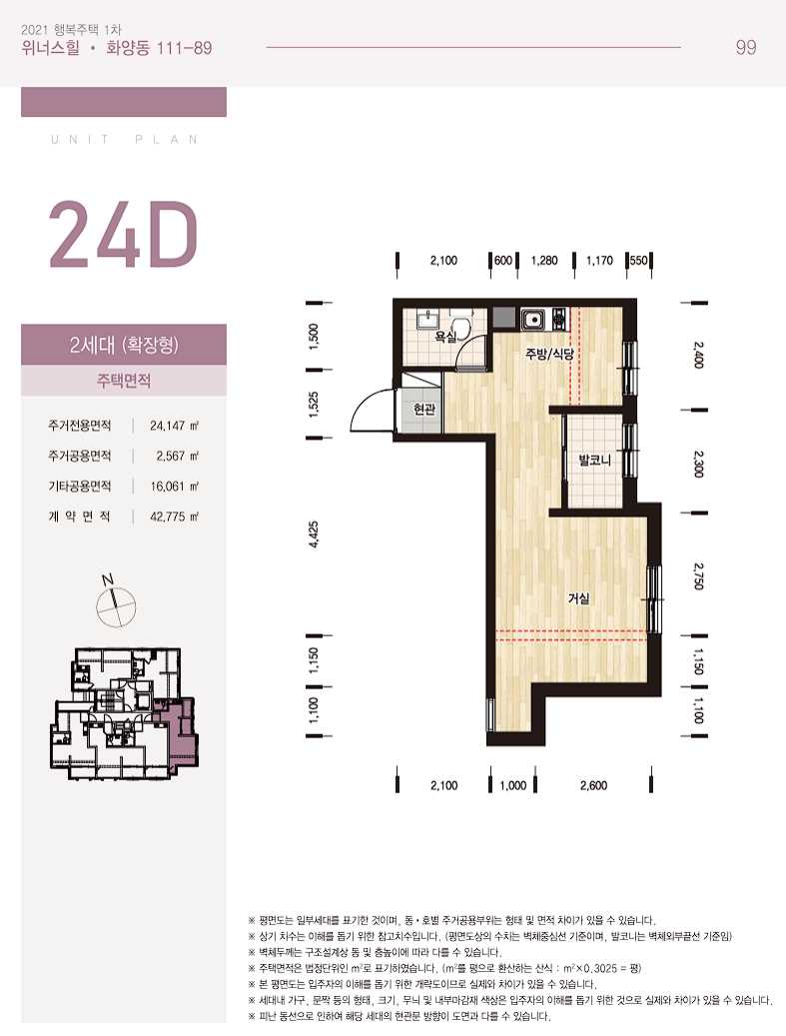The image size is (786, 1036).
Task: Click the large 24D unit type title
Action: [124, 235]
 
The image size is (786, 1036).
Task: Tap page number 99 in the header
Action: [746, 48]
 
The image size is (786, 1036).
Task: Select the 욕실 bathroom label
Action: [445, 337]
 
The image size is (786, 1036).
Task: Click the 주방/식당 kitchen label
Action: [549, 354]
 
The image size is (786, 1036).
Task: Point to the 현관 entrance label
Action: [424, 410]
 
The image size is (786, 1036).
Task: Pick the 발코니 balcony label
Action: [594, 461]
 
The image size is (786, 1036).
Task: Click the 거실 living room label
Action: [578, 598]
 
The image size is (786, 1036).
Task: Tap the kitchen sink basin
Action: [532, 319]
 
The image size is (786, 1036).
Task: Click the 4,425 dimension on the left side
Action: [314, 535]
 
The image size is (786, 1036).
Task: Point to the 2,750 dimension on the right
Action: [699, 575]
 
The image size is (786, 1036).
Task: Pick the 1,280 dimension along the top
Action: [544, 261]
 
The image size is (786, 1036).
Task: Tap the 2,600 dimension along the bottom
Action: [593, 785]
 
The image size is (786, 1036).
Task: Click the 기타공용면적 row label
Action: [79, 487]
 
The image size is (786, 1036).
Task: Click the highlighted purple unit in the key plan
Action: [181, 733]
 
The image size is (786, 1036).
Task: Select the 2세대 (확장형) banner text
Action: [124, 345]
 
